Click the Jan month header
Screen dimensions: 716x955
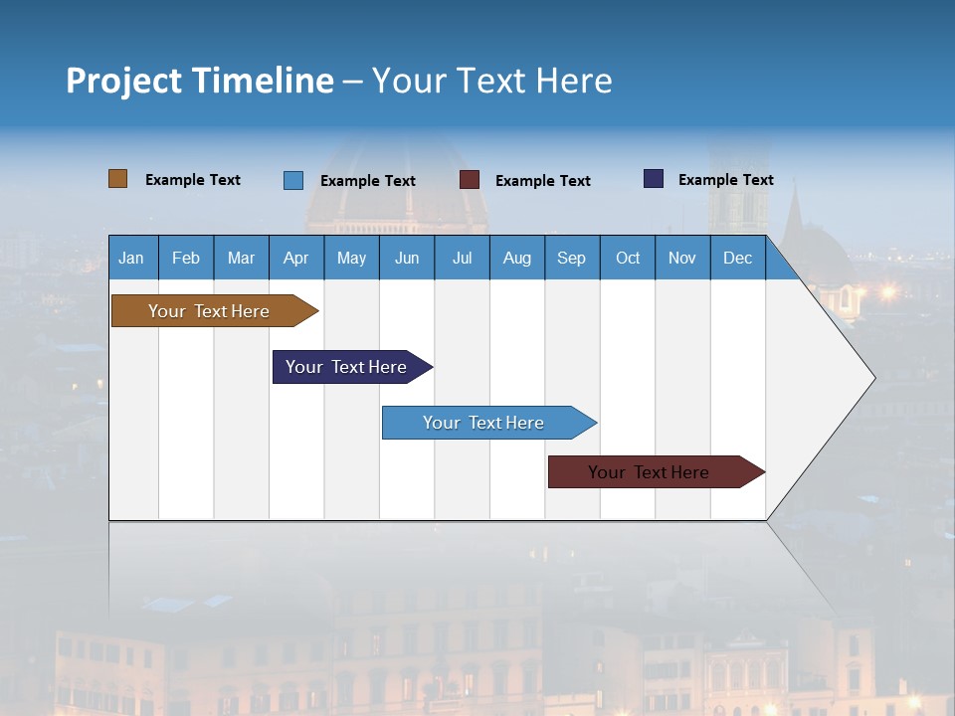click(x=131, y=258)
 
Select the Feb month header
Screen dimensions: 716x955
click(x=186, y=258)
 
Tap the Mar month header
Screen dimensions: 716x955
click(x=241, y=258)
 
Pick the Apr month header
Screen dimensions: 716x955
click(x=295, y=258)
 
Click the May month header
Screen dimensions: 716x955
click(x=351, y=258)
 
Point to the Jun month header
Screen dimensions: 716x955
click(x=407, y=258)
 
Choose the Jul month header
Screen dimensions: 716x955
click(x=462, y=258)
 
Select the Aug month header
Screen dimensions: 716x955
click(x=516, y=258)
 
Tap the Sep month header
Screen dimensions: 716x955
click(x=571, y=258)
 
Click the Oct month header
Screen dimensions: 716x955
click(x=628, y=258)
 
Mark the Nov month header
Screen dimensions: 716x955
click(x=682, y=258)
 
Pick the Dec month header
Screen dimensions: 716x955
click(x=737, y=258)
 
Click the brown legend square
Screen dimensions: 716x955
click(x=118, y=179)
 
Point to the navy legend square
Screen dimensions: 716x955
click(x=654, y=179)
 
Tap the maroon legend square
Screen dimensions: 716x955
click(x=470, y=180)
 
